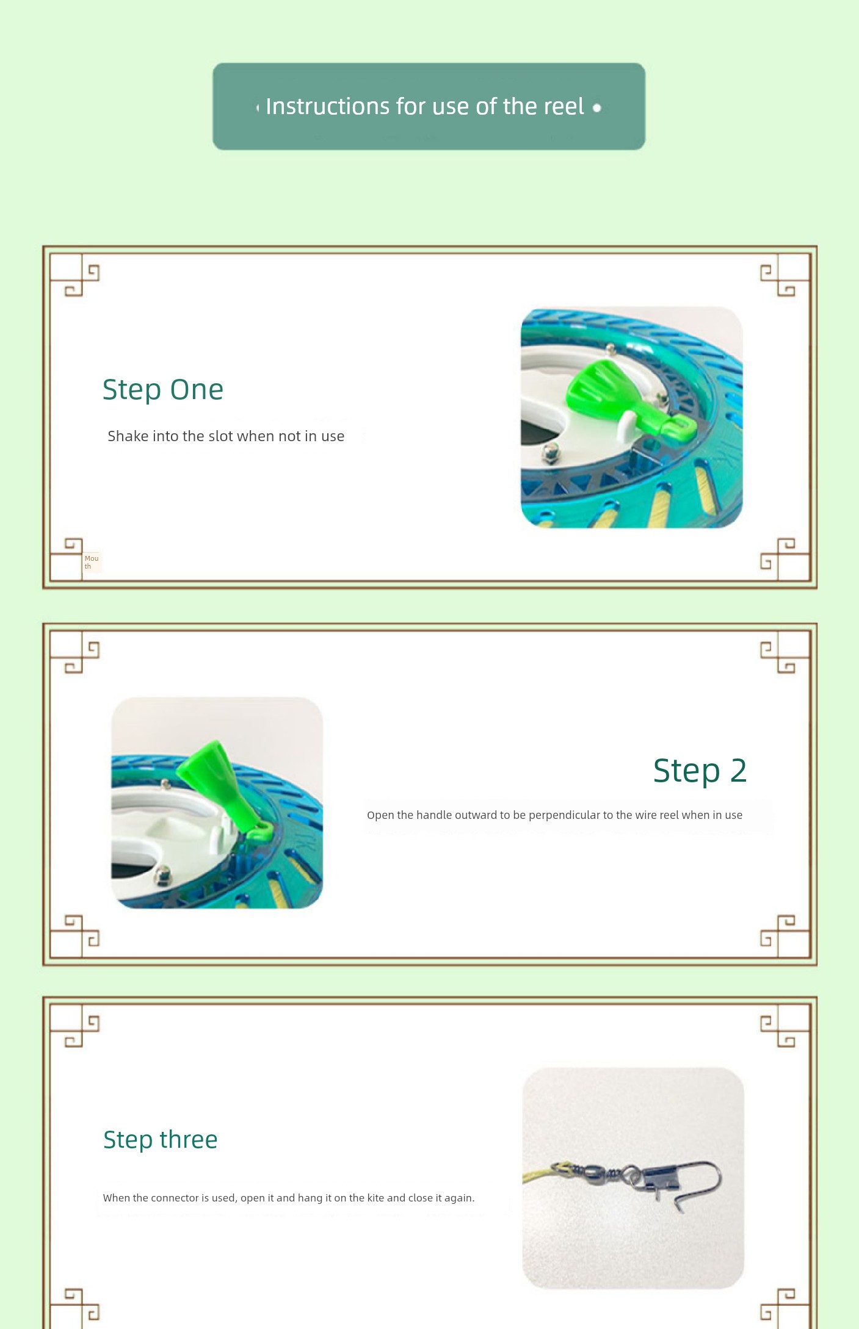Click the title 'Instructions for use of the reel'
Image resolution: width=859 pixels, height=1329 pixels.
(x=425, y=107)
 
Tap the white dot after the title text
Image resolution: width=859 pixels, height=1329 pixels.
(x=597, y=108)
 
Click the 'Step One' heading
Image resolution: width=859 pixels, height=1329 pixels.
(x=163, y=390)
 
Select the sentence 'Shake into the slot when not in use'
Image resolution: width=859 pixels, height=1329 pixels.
(x=226, y=436)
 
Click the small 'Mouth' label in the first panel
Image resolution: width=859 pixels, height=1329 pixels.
(x=92, y=562)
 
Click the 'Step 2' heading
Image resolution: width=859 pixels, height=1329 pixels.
(x=700, y=770)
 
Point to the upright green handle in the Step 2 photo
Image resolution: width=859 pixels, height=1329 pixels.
(x=223, y=784)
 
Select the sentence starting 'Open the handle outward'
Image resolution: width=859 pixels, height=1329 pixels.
(x=554, y=815)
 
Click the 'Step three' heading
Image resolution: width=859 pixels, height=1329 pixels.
(x=161, y=1140)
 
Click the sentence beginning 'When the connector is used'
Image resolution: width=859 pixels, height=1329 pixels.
(x=289, y=1198)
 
